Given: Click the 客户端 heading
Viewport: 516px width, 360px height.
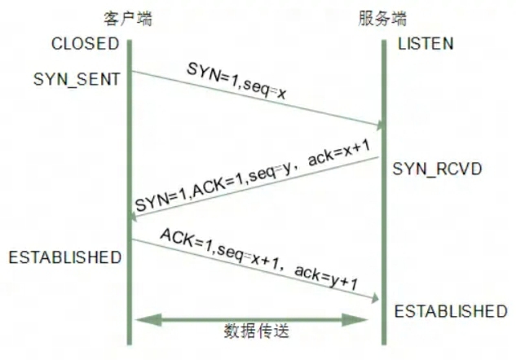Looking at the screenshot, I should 129,18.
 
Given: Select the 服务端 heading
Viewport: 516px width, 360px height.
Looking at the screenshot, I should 382,18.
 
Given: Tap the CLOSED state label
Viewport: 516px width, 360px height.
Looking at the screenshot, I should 85,42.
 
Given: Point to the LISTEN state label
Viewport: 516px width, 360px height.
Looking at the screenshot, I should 426,42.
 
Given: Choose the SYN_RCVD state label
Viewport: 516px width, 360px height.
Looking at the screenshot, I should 438,169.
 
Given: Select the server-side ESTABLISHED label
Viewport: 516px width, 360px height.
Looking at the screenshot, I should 450,311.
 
